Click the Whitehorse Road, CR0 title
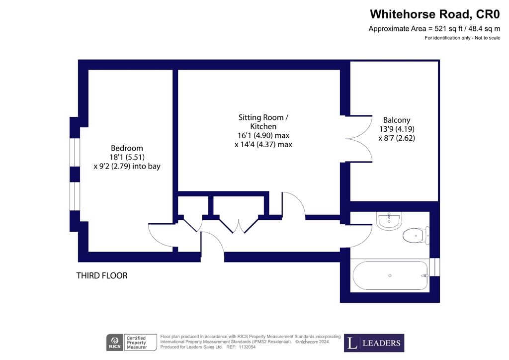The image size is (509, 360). pyautogui.click(x=435, y=14)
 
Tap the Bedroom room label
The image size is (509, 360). pyautogui.click(x=127, y=148)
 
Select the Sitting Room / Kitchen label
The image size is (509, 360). pyautogui.click(x=263, y=122)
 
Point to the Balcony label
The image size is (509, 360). pyautogui.click(x=397, y=120)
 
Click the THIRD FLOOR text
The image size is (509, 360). pyautogui.click(x=102, y=275)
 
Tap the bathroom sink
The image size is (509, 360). pyautogui.click(x=389, y=221)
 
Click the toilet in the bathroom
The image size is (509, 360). pyautogui.click(x=416, y=235)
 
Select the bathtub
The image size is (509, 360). pyautogui.click(x=391, y=275)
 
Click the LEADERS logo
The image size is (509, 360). pyautogui.click(x=374, y=343)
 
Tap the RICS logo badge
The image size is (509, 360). pyautogui.click(x=115, y=343)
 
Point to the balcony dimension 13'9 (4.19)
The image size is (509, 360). pyautogui.click(x=397, y=129)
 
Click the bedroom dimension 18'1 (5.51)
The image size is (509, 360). pyautogui.click(x=127, y=158)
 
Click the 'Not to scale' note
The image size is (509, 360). pyautogui.click(x=488, y=38)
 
